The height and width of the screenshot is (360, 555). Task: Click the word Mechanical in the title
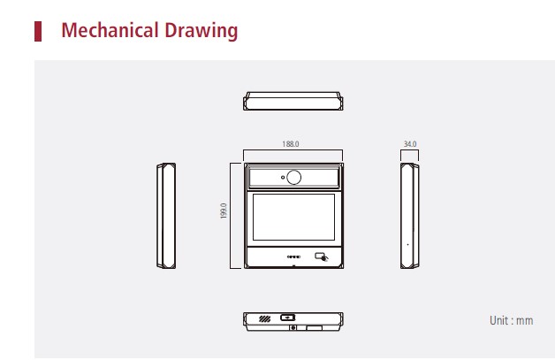[x=110, y=30]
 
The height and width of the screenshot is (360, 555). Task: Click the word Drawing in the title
[x=201, y=31]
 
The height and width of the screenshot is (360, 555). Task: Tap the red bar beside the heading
[x=38, y=31]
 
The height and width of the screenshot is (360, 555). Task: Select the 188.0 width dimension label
[x=291, y=144]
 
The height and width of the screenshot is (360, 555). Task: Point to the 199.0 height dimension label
[x=224, y=211]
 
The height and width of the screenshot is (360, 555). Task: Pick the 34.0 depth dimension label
[x=410, y=144]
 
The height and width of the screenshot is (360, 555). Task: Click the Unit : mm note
[x=511, y=320]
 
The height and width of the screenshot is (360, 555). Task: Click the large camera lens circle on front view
[x=293, y=177]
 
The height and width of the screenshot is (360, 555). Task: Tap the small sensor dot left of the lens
[x=283, y=177]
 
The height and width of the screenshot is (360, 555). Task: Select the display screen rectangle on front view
[x=293, y=217]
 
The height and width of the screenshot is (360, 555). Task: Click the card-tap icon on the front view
[x=322, y=257]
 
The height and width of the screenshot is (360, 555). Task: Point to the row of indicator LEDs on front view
[x=293, y=257]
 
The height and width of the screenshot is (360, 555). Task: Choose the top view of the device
[x=293, y=101]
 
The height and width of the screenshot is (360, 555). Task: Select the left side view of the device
[x=166, y=216]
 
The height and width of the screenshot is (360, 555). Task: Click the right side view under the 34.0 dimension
[x=410, y=216]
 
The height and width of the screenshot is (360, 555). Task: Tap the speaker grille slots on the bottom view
[x=265, y=319]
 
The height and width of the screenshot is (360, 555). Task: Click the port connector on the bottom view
[x=288, y=318]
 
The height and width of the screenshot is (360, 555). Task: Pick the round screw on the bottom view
[x=293, y=328]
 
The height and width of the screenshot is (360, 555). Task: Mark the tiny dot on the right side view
[x=407, y=244]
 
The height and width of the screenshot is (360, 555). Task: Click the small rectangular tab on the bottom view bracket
[x=315, y=328]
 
